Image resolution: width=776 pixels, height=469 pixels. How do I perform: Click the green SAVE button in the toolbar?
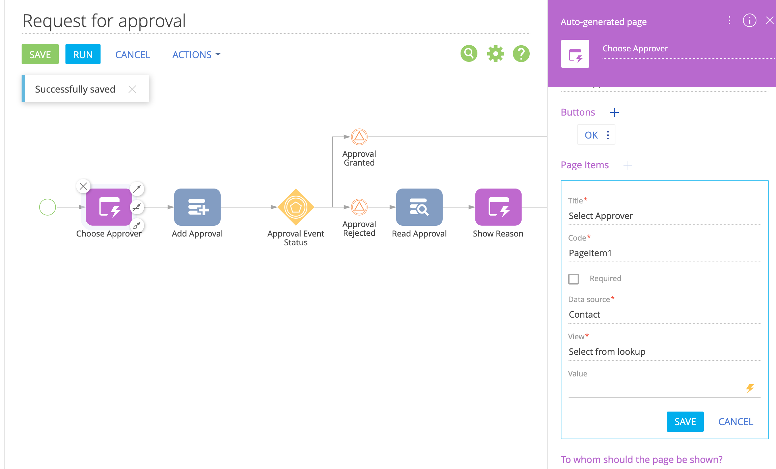click(40, 54)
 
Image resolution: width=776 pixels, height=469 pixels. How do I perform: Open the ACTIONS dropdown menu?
click(196, 54)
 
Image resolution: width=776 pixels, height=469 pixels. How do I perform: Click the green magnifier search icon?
click(469, 53)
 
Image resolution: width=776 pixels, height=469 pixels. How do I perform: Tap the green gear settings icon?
click(495, 54)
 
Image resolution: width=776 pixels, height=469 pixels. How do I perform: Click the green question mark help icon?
click(521, 54)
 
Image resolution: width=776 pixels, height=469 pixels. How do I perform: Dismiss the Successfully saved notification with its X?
click(132, 89)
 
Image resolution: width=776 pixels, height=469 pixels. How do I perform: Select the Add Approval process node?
click(197, 207)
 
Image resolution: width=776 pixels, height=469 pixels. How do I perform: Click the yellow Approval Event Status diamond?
click(296, 207)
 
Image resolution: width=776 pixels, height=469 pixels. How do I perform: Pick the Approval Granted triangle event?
click(359, 137)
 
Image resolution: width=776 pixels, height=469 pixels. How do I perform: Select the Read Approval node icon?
click(419, 207)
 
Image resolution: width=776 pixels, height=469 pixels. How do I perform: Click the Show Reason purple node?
click(498, 207)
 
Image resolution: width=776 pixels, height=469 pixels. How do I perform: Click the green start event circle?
click(48, 207)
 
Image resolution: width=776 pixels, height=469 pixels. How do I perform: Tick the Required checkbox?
click(574, 279)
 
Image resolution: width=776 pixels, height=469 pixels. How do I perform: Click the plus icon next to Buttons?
click(614, 113)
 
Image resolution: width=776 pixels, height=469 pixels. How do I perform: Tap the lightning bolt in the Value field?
click(750, 388)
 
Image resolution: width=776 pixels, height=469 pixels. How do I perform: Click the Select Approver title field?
click(664, 216)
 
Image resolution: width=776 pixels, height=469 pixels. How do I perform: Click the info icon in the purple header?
click(750, 21)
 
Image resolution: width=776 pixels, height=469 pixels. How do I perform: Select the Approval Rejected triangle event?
click(359, 207)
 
